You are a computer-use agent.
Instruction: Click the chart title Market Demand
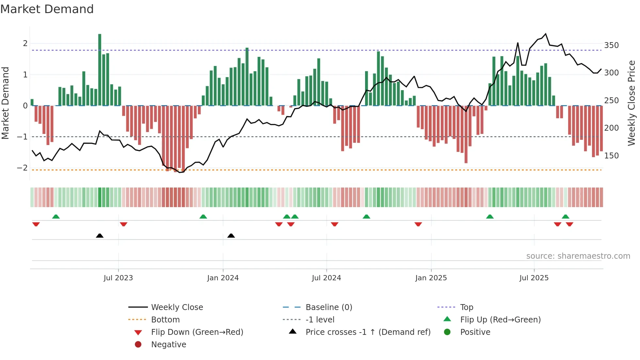47,9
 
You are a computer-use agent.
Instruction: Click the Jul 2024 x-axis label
326,278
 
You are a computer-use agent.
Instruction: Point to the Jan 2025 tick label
431,278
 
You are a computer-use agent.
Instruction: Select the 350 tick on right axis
611,45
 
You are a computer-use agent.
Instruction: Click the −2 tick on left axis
22,168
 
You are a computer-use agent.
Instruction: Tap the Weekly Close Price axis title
632,103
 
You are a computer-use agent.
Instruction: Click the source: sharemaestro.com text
578,256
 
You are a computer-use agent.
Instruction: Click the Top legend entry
466,307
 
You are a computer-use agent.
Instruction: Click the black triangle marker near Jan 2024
231,236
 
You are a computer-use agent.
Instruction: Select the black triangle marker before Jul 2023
100,236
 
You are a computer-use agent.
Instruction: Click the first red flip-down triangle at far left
36,224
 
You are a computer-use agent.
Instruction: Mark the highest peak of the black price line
546,34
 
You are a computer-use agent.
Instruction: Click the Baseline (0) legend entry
328,307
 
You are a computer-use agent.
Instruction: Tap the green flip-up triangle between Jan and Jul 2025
489,217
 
